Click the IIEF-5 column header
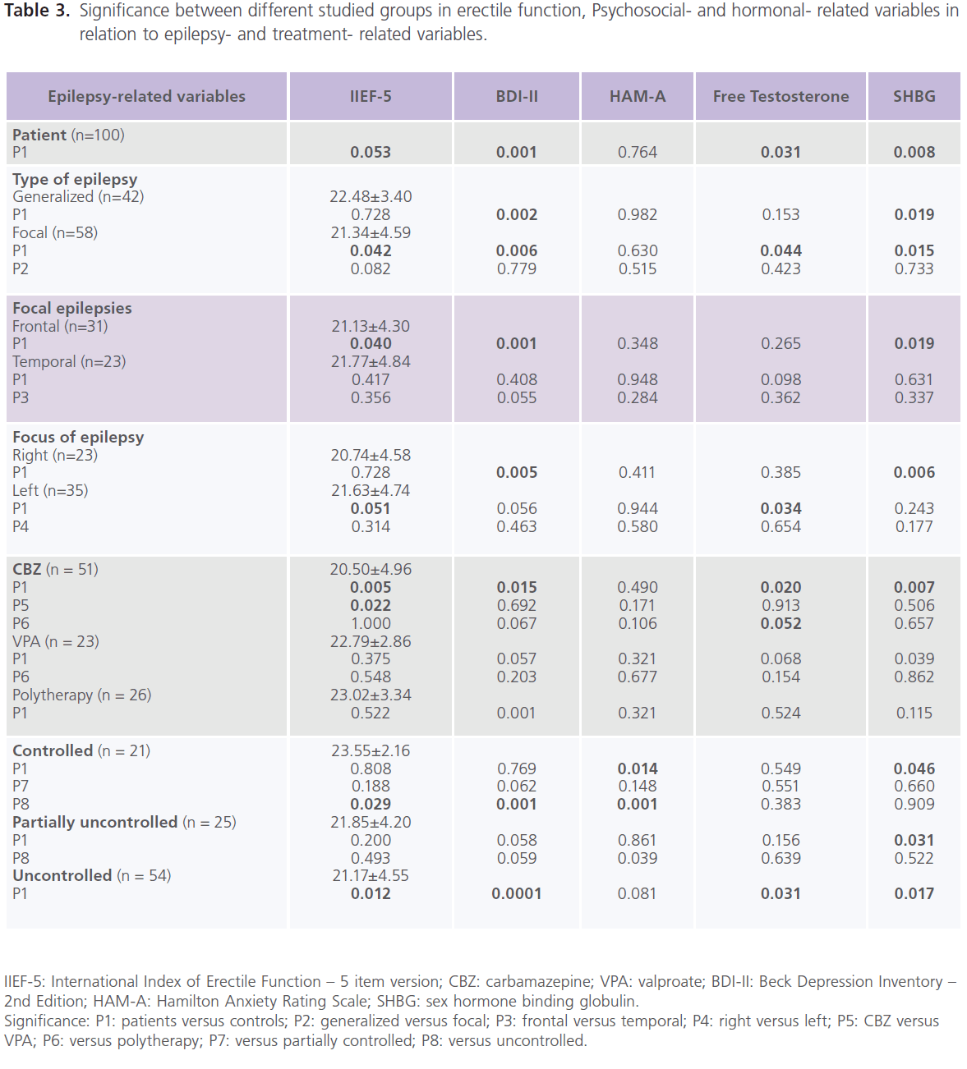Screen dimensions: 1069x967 pyautogui.click(x=371, y=96)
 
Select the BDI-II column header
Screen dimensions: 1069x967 pyautogui.click(x=517, y=96)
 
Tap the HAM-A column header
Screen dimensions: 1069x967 pyautogui.click(x=638, y=96)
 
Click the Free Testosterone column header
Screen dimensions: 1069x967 pyautogui.click(x=781, y=96)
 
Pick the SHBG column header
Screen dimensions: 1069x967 pyautogui.click(x=914, y=96)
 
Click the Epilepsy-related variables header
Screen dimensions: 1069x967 pyautogui.click(x=146, y=96)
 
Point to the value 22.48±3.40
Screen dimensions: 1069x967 pyautogui.click(x=371, y=196)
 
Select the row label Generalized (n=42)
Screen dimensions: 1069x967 pyautogui.click(x=78, y=196)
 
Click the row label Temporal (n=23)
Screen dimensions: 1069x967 pyautogui.click(x=69, y=361)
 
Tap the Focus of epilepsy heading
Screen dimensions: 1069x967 pyautogui.click(x=78, y=437)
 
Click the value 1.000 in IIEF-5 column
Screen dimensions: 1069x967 pyautogui.click(x=371, y=623)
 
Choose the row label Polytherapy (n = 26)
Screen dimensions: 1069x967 pyautogui.click(x=81, y=695)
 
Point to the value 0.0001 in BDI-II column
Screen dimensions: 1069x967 pyautogui.click(x=517, y=893)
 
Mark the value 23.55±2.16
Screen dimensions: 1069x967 pyautogui.click(x=371, y=750)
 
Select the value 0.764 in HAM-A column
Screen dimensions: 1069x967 pyautogui.click(x=638, y=152)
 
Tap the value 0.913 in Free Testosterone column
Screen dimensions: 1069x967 pyautogui.click(x=781, y=605)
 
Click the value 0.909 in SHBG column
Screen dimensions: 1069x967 pyautogui.click(x=914, y=804)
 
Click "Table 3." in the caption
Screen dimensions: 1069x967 pyautogui.click(x=37, y=11)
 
